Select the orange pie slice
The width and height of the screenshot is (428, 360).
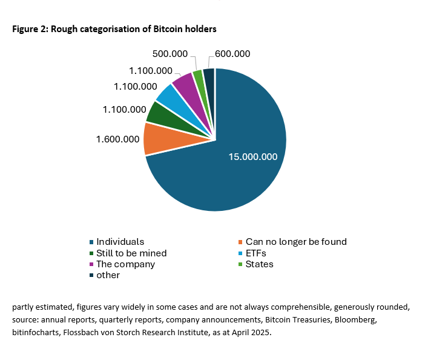click(156, 138)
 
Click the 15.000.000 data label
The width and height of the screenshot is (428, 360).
click(252, 156)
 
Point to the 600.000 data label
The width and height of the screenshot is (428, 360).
click(232, 53)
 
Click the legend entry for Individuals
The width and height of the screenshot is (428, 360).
click(120, 242)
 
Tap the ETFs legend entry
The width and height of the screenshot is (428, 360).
click(255, 253)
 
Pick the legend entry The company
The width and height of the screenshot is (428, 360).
click(125, 264)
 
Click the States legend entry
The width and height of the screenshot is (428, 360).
click(259, 264)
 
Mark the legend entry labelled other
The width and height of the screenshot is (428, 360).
click(108, 275)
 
